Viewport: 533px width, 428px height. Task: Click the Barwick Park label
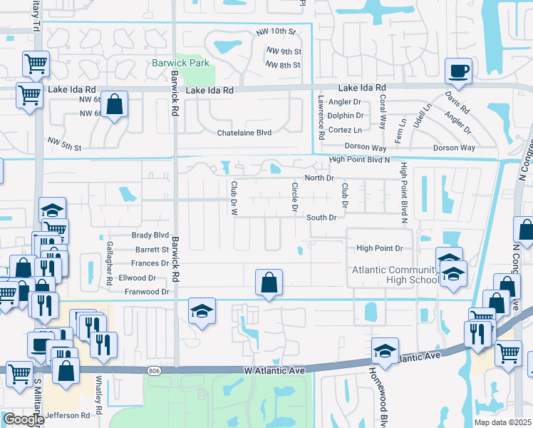coord(180,63)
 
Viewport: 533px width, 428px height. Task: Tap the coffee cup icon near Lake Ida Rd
coord(458,71)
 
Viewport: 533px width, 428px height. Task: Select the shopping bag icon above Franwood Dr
coord(268,282)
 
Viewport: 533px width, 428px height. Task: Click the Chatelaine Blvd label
coord(244,132)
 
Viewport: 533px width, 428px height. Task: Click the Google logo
coord(24,419)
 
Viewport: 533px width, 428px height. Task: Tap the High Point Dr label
coord(380,248)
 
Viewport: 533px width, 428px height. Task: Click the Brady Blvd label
coord(150,235)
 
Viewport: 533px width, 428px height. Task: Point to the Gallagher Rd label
coord(110,272)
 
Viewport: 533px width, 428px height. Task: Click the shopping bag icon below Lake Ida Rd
coord(114,105)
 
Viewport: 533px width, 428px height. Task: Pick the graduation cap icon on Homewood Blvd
coord(385,351)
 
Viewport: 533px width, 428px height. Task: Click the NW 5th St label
coord(65,147)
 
